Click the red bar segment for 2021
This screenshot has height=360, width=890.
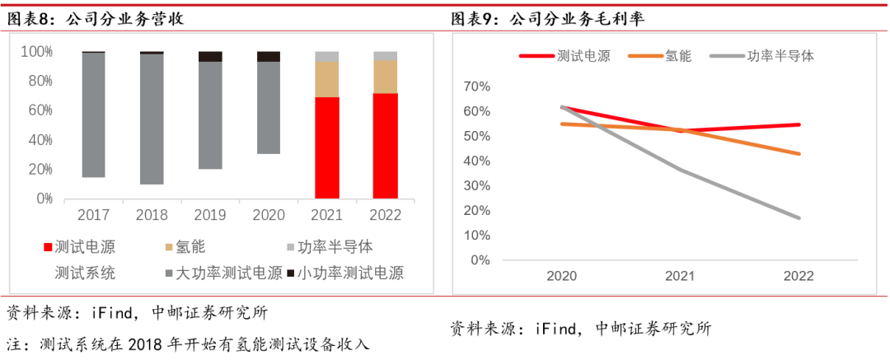pos(327,147)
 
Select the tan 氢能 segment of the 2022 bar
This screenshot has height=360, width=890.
pos(385,77)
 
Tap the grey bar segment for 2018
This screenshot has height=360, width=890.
pos(151,119)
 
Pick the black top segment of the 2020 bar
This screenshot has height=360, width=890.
pos(269,56)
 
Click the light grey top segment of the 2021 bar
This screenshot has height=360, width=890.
pos(327,56)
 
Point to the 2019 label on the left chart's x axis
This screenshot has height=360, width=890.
pos(209,215)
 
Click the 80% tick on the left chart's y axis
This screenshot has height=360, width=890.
pos(37,81)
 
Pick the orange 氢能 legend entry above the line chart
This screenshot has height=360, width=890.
pos(666,56)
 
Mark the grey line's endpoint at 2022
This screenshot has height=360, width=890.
pos(799,217)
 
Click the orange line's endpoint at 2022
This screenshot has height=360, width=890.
pos(799,153)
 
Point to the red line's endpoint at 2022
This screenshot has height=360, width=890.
pos(799,124)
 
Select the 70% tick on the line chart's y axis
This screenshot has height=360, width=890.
pos(477,86)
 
